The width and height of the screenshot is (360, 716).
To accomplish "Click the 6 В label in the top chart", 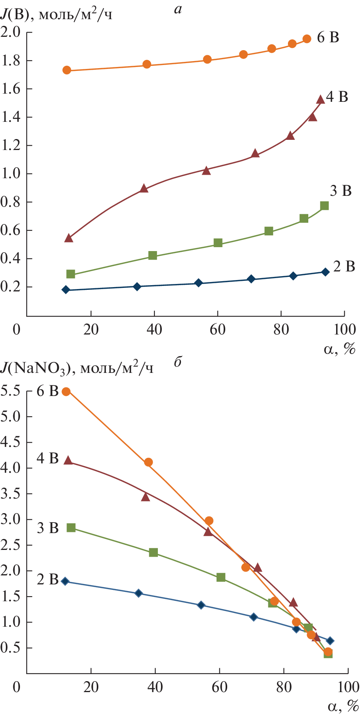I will [x=328, y=38].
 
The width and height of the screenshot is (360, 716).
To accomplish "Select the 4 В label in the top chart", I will [x=337, y=97].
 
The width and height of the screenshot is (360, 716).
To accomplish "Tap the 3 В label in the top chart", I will [x=340, y=191].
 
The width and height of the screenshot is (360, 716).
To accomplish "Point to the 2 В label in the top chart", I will [x=344, y=266].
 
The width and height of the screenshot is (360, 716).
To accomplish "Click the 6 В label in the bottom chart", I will [x=47, y=391].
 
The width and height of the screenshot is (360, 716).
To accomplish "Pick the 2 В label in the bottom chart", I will [x=47, y=579].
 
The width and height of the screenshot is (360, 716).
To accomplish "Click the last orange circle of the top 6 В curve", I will [x=307, y=39].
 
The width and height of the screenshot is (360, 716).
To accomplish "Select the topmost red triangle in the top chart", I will [x=320, y=99].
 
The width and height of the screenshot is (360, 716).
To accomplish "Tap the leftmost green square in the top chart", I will [x=71, y=274].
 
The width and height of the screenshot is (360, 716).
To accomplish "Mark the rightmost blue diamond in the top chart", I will [x=325, y=272].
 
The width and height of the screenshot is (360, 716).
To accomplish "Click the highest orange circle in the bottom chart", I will [x=66, y=392].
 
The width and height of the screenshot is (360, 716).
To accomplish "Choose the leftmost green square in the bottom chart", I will [x=71, y=528].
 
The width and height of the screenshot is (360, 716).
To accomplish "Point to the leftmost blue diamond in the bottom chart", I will [x=65, y=581].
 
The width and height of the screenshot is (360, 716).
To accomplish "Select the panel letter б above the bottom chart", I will [x=177, y=362].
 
